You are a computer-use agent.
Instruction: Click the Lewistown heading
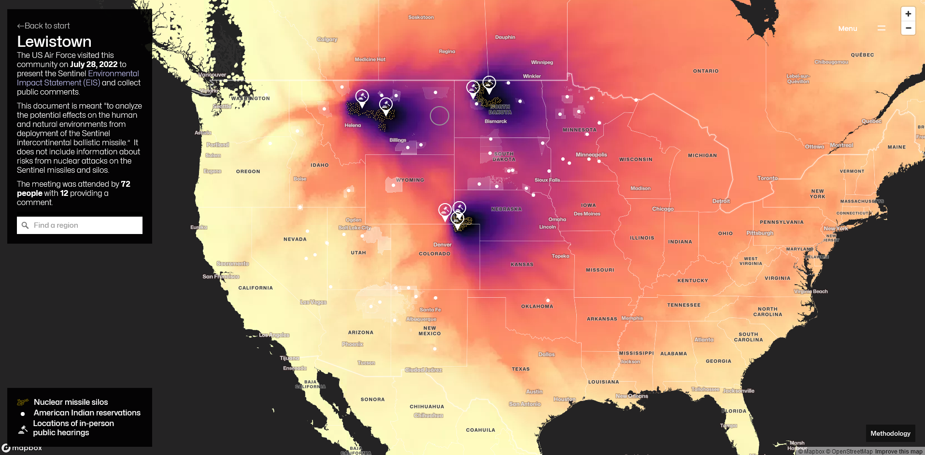[x=54, y=42]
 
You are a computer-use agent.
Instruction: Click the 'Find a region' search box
[x=80, y=225]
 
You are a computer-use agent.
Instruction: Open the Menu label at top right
[x=848, y=29]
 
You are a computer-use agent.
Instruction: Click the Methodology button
[x=890, y=433]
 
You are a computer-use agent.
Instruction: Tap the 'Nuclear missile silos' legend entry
[x=71, y=402]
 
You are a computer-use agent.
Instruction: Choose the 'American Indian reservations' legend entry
[x=87, y=413]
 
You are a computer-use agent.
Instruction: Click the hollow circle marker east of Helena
[x=440, y=116]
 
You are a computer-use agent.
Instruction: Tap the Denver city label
[x=442, y=245]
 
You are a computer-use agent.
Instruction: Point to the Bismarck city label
[x=496, y=122]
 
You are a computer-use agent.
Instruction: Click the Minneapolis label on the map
[x=591, y=155]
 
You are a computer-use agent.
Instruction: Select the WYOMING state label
[x=410, y=180]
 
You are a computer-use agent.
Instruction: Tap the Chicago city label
[x=663, y=209]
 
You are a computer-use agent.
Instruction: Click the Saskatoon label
[x=421, y=17]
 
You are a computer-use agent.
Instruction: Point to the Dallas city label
[x=546, y=355]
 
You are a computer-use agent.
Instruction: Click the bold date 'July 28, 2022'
[x=94, y=64]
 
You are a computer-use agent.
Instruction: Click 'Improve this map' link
[x=898, y=452]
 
